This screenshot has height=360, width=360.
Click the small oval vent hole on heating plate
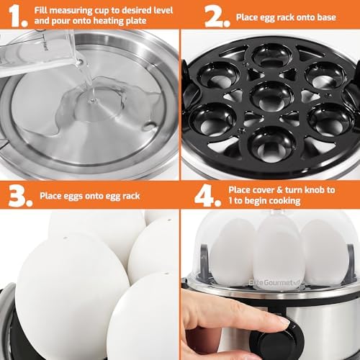click(149, 126)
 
